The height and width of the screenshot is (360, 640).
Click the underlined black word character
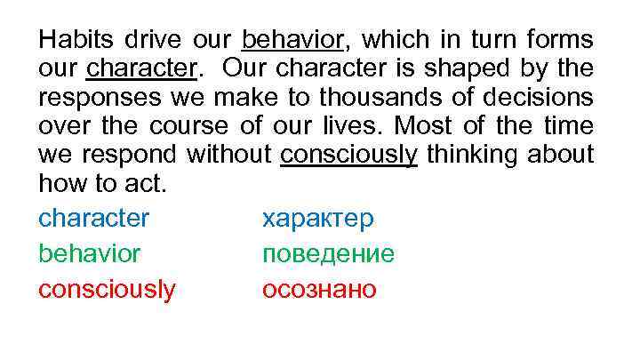tap(140, 68)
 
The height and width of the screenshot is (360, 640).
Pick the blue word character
tap(93, 219)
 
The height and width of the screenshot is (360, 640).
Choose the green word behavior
tap(89, 254)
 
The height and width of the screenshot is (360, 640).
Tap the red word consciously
tap(107, 290)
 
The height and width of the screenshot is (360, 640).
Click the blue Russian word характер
tap(318, 219)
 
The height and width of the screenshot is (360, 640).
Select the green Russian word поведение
tap(328, 254)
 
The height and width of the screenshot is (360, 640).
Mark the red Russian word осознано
tap(319, 290)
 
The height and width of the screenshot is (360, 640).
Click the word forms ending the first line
tap(561, 41)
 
